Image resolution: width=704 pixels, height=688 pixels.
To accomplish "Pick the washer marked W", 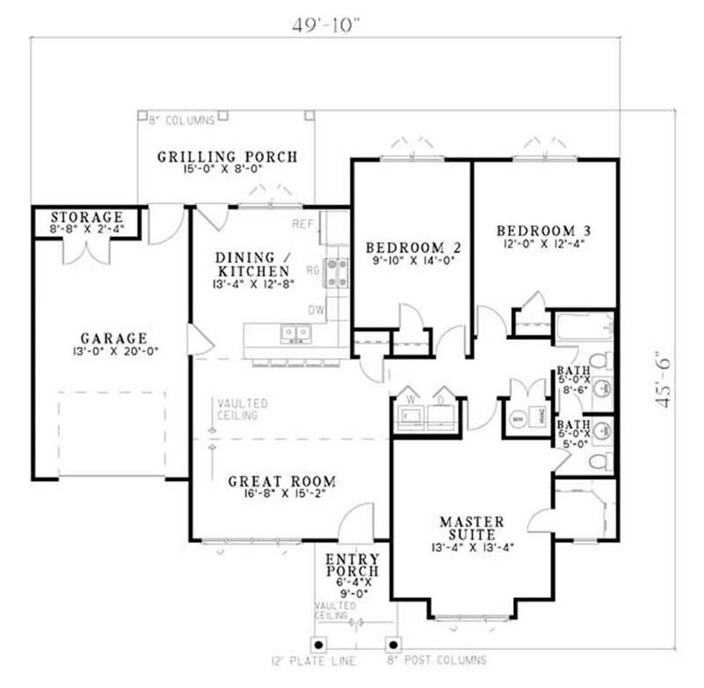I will point(409,416).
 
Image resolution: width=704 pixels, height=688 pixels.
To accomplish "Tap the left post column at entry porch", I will point(319,644).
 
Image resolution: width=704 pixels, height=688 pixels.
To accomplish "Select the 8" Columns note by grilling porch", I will point(181,121).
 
